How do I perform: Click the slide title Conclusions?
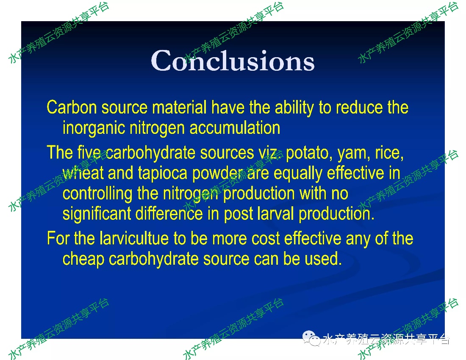[x=233, y=61]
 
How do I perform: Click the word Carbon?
[x=72, y=107]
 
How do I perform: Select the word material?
[x=179, y=107]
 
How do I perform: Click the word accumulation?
[x=235, y=128]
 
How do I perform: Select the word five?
[x=89, y=152]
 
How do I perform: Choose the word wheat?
[x=83, y=173]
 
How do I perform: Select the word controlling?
[x=97, y=194]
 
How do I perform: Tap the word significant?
[x=97, y=214]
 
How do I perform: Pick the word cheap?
[x=83, y=259]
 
